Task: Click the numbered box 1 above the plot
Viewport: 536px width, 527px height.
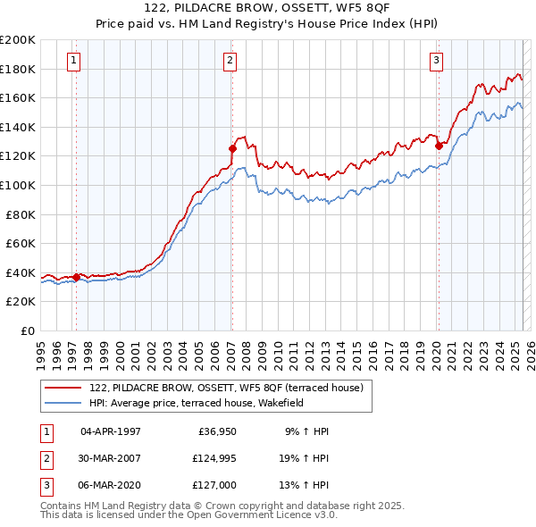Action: tap(73, 61)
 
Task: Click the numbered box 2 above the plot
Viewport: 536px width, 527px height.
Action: tap(230, 61)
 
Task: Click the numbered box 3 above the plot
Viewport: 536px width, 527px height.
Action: tap(436, 61)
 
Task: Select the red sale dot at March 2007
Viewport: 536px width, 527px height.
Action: tap(232, 148)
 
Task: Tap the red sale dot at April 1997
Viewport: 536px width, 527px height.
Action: tap(76, 277)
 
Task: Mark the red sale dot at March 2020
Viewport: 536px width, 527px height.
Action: tap(439, 146)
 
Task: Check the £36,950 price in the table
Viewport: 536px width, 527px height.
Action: tap(217, 431)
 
